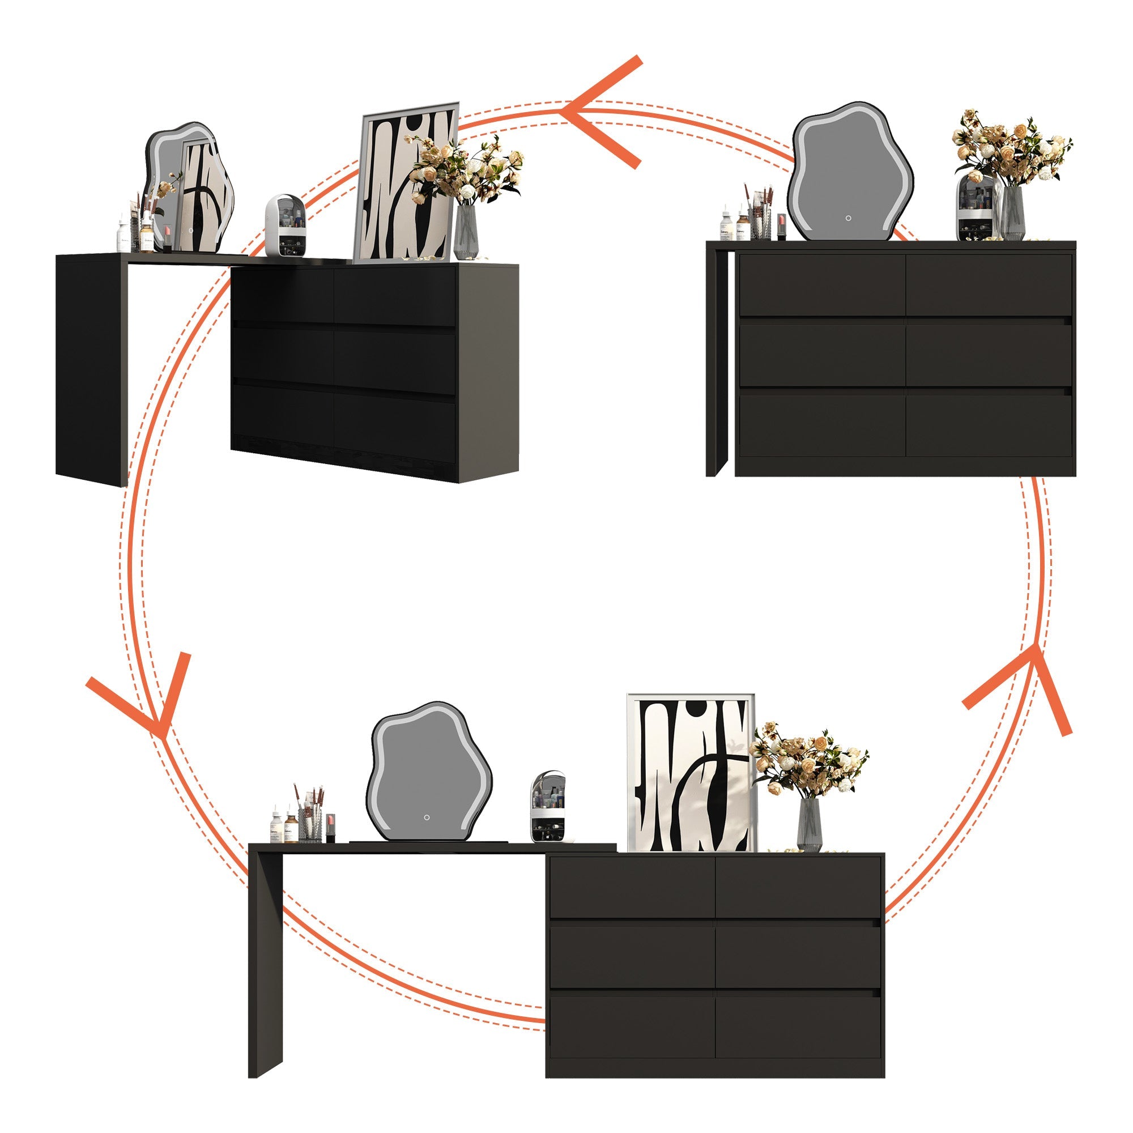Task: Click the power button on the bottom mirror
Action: (427, 817)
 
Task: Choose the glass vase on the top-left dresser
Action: (466, 232)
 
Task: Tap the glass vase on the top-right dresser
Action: (1013, 214)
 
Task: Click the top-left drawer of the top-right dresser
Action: (821, 285)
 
